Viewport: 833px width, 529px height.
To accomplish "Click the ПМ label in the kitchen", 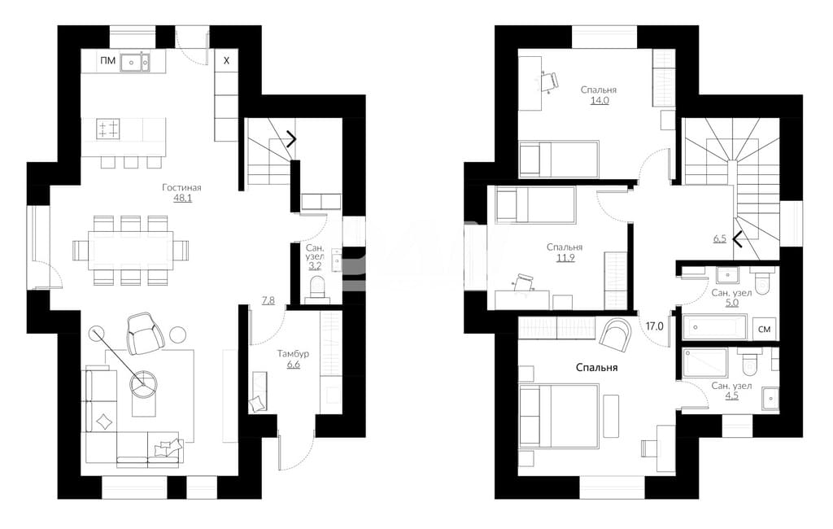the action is (107, 61).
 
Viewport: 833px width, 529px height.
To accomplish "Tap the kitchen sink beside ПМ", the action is (135, 62).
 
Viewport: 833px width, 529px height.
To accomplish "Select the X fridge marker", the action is (226, 60).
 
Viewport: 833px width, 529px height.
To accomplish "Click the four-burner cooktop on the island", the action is (108, 129).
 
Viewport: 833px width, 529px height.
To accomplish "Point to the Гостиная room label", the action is (181, 188).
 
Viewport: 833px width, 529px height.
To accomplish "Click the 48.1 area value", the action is (182, 199).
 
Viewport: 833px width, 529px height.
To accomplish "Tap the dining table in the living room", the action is (131, 250).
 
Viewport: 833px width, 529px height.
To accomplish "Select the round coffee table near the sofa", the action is (144, 383).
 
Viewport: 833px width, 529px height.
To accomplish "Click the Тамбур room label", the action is (293, 353).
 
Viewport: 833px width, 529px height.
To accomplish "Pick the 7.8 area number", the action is (268, 300).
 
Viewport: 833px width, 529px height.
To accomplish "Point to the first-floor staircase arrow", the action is (291, 139).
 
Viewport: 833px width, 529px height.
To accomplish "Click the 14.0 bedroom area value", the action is (599, 100).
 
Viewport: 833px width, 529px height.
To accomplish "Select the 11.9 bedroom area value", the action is (565, 258).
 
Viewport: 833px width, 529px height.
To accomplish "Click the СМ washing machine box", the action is (764, 330).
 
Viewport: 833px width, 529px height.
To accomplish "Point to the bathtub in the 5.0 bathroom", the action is (714, 327).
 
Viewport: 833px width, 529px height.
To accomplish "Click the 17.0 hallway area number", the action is (655, 326).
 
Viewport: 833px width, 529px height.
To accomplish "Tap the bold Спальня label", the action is (596, 367).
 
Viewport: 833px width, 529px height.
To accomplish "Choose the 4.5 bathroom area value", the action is (731, 396).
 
